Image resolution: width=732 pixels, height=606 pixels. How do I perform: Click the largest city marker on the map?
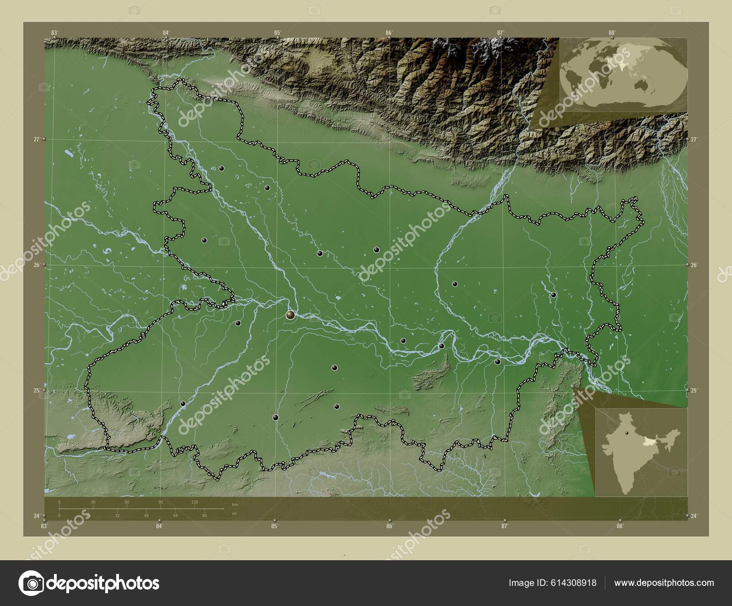point(291,314)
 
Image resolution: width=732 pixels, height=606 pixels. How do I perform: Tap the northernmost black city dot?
point(221,168)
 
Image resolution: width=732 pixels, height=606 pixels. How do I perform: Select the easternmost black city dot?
point(553,295)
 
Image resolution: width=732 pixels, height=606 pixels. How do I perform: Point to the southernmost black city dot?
point(275,417)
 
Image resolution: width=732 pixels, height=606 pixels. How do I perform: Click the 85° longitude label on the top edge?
point(278,32)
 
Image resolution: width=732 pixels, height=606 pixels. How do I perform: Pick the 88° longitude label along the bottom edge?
point(620,526)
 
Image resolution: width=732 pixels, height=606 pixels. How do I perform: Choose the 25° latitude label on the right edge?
point(694,390)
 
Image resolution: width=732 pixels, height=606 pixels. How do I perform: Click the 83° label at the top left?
point(54,32)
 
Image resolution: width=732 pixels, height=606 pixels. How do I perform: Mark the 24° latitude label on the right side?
point(694,516)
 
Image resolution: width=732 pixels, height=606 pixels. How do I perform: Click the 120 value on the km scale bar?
point(194,502)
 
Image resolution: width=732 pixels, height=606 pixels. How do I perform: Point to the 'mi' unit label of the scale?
point(234,514)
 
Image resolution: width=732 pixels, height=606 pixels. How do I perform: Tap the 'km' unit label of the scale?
point(235,504)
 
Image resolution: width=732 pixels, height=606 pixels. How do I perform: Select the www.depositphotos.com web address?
point(664,583)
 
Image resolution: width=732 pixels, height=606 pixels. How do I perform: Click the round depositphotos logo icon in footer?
point(31,583)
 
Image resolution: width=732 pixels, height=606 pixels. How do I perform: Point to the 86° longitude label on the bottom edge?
point(389,526)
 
